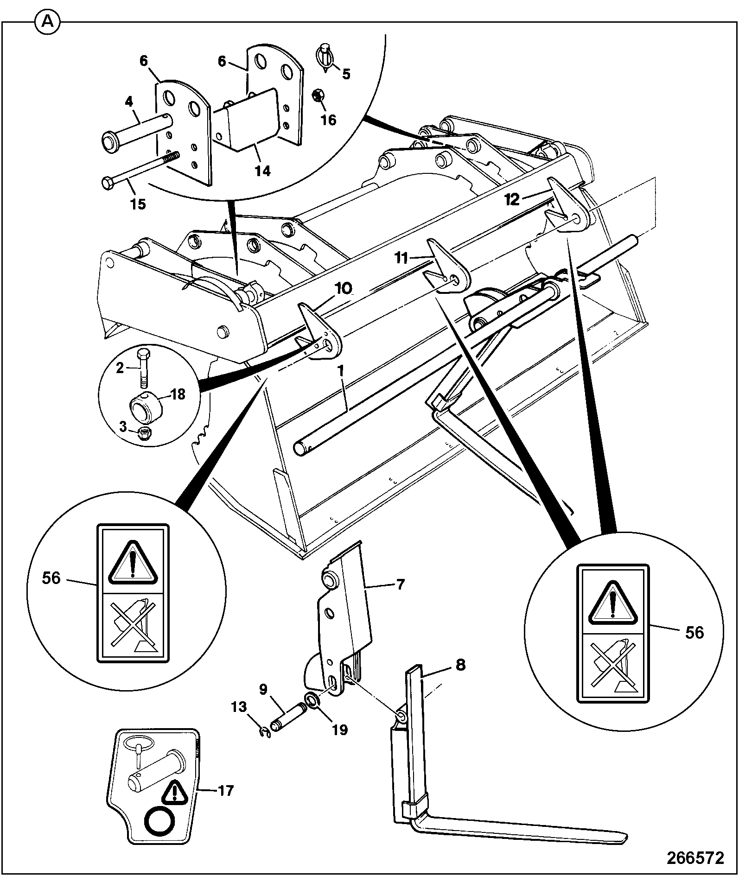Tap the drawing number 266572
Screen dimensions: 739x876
(695, 857)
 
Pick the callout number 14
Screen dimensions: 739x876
(262, 171)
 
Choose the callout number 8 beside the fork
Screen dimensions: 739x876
(460, 665)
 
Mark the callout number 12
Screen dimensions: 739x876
(512, 199)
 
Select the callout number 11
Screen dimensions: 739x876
(402, 257)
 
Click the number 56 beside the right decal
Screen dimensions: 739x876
(694, 632)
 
